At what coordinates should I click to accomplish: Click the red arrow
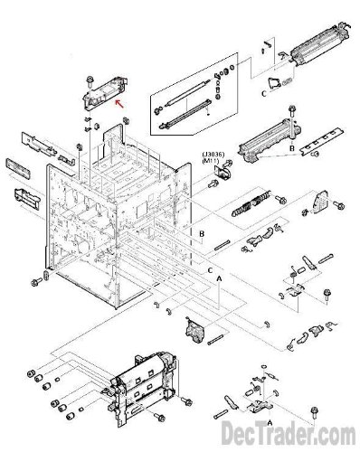point(119,104)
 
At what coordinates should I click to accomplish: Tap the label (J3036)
point(213,155)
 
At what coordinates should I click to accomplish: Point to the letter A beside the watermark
point(270,422)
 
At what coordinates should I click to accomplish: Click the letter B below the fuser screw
point(292,148)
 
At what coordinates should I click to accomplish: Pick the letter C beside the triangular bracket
point(264,94)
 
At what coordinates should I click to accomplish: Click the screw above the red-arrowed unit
point(90,81)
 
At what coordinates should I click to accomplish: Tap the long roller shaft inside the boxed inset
point(187,92)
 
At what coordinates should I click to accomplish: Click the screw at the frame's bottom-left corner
point(36,282)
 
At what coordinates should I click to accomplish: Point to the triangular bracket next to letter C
point(274,82)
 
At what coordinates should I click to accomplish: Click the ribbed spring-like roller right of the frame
point(251,203)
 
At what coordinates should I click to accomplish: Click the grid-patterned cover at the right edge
point(320,202)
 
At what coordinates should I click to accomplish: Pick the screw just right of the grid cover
point(338,205)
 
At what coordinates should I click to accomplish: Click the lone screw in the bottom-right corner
point(314,412)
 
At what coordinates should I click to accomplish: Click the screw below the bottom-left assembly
point(159,417)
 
